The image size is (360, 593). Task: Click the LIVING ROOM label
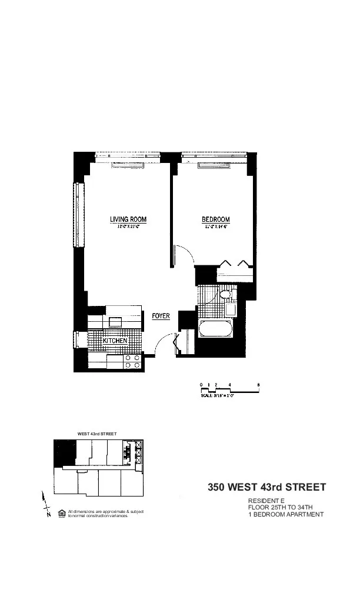click(128, 219)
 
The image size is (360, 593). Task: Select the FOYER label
click(161, 316)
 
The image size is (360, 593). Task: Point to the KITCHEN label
click(115, 341)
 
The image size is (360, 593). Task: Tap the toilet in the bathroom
click(225, 295)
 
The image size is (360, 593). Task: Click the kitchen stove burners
click(132, 362)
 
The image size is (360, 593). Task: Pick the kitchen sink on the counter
click(115, 321)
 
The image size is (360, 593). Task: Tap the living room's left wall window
click(75, 215)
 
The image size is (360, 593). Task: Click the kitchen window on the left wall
click(75, 341)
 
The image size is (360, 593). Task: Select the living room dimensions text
click(128, 226)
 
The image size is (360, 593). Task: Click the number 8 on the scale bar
click(259, 384)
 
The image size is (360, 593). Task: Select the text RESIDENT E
click(264, 500)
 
